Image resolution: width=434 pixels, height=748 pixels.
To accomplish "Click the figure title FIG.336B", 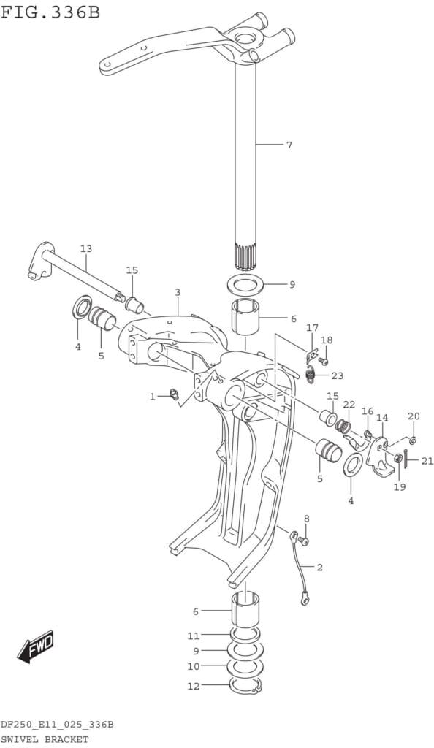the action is (x=50, y=12).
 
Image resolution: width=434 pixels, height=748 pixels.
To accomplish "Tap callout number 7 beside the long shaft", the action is (x=289, y=145).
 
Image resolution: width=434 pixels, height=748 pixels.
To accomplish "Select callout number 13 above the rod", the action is (x=86, y=248).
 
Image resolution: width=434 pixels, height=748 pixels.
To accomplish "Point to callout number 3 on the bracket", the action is (x=178, y=292).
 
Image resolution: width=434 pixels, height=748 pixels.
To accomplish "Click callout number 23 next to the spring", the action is (x=337, y=376).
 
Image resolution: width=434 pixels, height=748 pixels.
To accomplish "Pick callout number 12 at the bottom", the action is (x=193, y=686).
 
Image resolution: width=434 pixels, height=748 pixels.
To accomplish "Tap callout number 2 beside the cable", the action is (x=319, y=567).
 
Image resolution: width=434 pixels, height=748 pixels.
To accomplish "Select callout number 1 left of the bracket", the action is (x=153, y=396).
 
